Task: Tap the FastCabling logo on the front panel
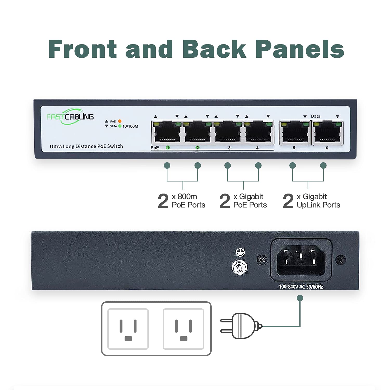[x=70, y=117]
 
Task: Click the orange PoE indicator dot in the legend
[x=120, y=121]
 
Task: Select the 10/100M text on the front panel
[x=130, y=126]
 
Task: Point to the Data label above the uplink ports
[x=315, y=116]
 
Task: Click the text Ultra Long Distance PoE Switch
[x=86, y=146]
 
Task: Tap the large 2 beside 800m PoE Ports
[x=163, y=201]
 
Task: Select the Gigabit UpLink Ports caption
[x=318, y=201]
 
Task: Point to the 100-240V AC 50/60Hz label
[x=301, y=287]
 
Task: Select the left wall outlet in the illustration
[x=128, y=329]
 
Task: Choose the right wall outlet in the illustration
[x=183, y=329]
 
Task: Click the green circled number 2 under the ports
[x=197, y=148]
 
